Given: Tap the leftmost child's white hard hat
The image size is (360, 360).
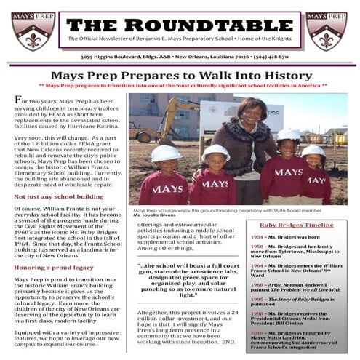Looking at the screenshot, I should (x=166, y=153).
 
